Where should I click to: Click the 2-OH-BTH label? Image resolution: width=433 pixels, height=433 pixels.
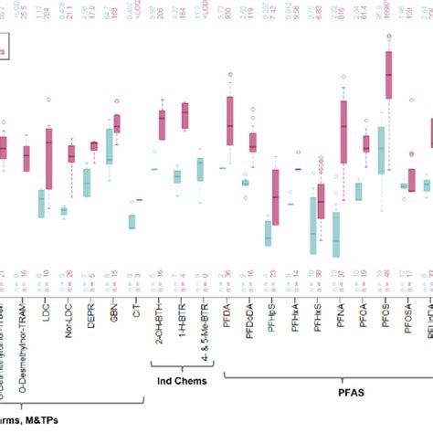coord(162,320)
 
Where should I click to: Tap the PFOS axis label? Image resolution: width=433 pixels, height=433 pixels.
coord(384,312)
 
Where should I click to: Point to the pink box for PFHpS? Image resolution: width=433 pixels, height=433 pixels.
coord(275,197)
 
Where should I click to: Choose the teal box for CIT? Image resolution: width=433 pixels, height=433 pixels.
coord(132,222)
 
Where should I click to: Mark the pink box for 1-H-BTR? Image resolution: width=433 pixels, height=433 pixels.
coord(185,115)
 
